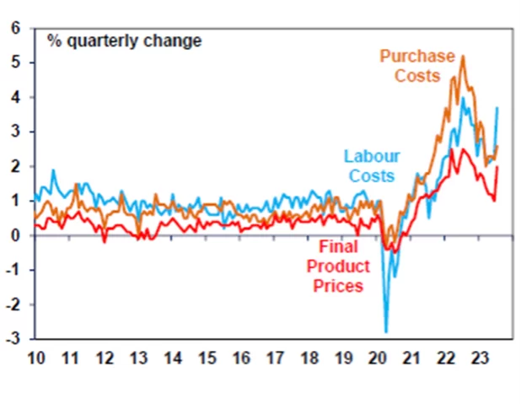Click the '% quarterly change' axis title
tap(125, 40)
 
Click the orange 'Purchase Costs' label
tap(417, 66)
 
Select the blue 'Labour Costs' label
tap(371, 165)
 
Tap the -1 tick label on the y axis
tap(12, 271)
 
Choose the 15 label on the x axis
tap(207, 357)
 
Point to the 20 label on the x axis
tap(379, 357)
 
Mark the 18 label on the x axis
tap(310, 357)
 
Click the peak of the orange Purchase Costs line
tap(463, 57)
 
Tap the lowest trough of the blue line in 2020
tap(386, 332)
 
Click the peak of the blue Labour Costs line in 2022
tap(462, 98)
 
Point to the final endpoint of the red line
tap(497, 166)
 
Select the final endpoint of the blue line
tap(497, 107)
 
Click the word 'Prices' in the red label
tap(338, 286)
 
